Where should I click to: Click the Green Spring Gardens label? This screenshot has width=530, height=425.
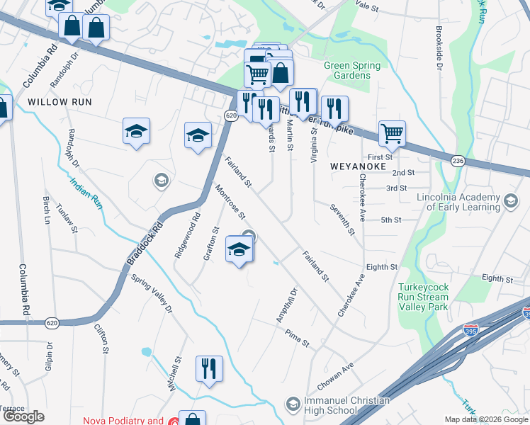point(351,71)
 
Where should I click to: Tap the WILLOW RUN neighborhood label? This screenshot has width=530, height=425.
point(60,102)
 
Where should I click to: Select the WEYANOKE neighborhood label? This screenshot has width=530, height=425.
point(358,166)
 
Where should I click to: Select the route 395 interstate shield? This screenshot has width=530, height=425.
point(470,329)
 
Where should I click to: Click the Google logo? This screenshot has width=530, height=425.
point(24,416)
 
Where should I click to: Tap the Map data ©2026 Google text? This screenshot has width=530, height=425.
point(486,419)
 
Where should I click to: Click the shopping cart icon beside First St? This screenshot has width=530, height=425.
point(392,132)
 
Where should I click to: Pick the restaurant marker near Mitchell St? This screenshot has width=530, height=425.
point(209,368)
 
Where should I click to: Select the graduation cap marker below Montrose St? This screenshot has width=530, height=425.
point(239,249)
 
